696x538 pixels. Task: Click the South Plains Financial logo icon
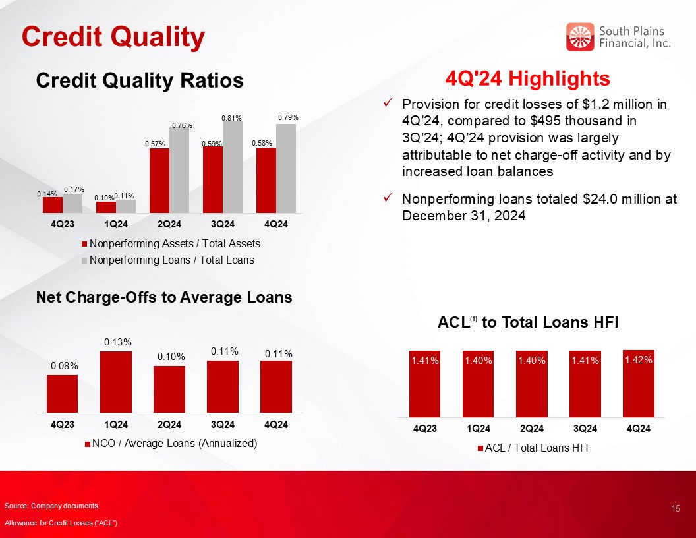coord(580,37)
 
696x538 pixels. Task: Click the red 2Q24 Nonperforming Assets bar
coord(159,181)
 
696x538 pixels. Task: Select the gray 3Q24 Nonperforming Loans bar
coord(233,167)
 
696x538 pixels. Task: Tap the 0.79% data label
coord(288,117)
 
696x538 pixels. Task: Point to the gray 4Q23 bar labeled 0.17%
coord(72,203)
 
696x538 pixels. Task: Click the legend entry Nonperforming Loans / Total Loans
coord(168,260)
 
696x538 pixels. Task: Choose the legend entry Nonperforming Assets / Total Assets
coord(171,244)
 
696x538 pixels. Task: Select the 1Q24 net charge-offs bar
coord(116,382)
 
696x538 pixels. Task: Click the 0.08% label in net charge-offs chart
coord(65,366)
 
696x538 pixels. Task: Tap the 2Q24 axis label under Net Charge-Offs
coord(169,425)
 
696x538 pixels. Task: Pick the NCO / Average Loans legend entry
coord(171,444)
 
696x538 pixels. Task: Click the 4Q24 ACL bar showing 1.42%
coord(638,384)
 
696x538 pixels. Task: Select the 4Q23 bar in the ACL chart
coord(425,384)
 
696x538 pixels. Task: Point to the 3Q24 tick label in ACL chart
coord(585,429)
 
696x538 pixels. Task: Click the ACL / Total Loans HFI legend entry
coord(533,448)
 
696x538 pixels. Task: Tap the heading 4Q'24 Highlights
coord(528,78)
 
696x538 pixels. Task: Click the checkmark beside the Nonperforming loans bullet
coord(388,196)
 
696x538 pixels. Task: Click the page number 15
coord(676,509)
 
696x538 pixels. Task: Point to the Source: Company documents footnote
coord(51,506)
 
